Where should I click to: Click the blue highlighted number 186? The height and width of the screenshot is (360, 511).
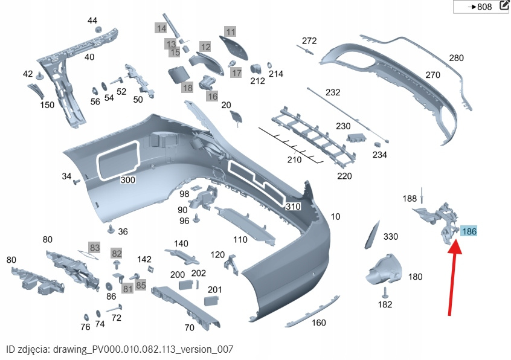point(469,230)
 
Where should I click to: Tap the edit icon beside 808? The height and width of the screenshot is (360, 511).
point(504,7)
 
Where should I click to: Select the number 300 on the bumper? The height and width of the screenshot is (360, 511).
point(128,180)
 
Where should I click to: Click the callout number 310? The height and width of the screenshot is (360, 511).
point(293,206)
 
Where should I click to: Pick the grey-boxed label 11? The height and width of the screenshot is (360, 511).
point(230,31)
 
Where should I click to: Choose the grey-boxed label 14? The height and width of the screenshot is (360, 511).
point(161,28)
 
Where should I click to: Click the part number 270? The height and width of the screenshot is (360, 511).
point(432,75)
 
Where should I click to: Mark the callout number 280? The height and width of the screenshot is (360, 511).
point(456,58)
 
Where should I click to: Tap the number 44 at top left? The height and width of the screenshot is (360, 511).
point(92,21)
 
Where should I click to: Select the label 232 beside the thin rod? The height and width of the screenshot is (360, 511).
point(333,92)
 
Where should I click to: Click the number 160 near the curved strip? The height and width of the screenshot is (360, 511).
point(319,323)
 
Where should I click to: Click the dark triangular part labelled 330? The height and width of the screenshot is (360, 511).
point(370,235)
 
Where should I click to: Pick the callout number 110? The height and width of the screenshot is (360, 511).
point(240,239)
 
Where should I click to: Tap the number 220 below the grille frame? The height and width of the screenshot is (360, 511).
point(344,176)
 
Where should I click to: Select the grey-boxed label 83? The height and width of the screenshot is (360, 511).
point(94,247)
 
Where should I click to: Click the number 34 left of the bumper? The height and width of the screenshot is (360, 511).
point(66,176)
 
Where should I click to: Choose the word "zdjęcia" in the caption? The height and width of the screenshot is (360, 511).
point(33,349)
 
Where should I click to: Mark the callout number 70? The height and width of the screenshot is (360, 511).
point(189,328)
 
